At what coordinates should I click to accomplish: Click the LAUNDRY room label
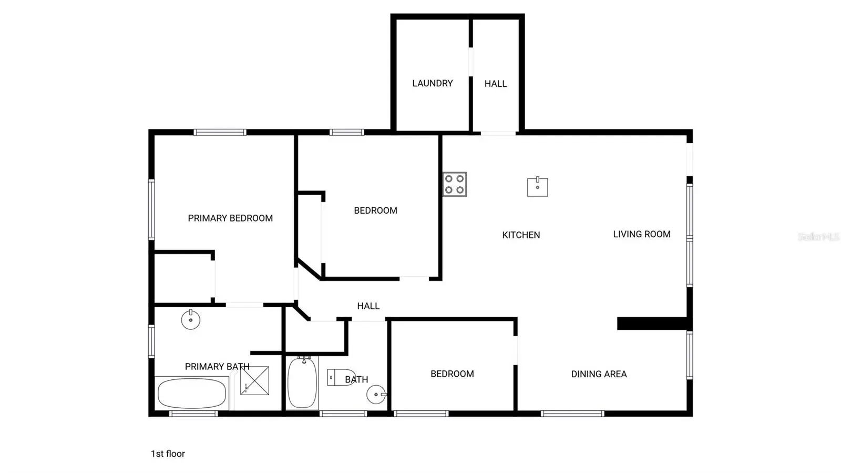[x=433, y=84]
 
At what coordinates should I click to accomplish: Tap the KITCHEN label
[x=521, y=235]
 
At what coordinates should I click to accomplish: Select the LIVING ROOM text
[x=642, y=235]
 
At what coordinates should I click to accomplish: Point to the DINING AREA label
[x=599, y=374]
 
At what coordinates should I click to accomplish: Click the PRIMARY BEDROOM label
[x=230, y=218]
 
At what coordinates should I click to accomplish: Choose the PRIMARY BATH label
[x=217, y=367]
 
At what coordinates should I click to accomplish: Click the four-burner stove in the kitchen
[x=455, y=185]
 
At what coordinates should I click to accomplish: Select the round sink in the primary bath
[x=191, y=320]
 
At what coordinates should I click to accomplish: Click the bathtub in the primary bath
[x=191, y=394]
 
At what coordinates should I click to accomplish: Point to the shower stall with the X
[x=254, y=380]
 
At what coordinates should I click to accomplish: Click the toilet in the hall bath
[x=341, y=378]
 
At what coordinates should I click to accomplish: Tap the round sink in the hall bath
[x=376, y=395]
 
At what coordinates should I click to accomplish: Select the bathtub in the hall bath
[x=302, y=383]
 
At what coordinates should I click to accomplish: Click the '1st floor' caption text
[x=168, y=454]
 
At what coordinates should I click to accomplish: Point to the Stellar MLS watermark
[x=818, y=237]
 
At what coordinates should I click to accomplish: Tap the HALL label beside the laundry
[x=496, y=84]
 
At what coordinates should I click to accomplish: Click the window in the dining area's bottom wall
[x=572, y=414]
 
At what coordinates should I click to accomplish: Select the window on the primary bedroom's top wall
[x=220, y=132]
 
